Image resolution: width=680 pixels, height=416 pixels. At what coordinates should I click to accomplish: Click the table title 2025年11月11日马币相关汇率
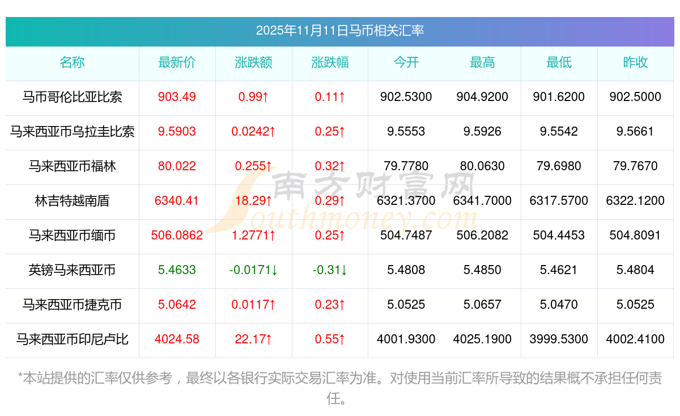(340, 30)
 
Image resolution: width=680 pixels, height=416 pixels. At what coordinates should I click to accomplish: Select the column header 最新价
(177, 63)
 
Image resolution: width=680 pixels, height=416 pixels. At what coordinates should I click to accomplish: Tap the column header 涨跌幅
(330, 63)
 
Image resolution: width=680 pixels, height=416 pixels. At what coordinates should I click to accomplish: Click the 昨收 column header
(635, 63)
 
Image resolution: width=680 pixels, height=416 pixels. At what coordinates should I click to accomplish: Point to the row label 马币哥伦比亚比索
(72, 97)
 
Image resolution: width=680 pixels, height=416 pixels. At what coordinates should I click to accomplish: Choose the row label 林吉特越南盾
(72, 201)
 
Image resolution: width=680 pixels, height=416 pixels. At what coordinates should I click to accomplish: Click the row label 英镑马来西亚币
(72, 270)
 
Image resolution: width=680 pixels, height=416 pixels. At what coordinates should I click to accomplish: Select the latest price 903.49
(177, 97)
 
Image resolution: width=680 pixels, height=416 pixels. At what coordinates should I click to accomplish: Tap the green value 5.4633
(177, 270)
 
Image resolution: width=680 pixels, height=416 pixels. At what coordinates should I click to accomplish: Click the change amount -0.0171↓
(253, 270)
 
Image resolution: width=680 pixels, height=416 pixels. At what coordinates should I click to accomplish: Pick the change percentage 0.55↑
(330, 339)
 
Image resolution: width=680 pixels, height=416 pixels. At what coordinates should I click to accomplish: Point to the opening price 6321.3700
(406, 201)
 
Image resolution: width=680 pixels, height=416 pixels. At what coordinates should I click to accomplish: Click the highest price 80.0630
(482, 166)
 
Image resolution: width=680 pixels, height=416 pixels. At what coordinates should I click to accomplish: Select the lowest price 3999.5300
(559, 339)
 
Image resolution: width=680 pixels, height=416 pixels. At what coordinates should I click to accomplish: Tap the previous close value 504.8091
(635, 236)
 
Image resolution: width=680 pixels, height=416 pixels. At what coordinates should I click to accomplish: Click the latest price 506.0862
(177, 236)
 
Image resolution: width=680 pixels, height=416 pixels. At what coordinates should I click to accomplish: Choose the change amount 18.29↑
(253, 201)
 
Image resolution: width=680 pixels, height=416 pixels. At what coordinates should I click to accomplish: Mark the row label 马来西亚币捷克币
(72, 305)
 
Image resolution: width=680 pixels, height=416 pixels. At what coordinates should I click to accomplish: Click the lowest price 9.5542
(559, 132)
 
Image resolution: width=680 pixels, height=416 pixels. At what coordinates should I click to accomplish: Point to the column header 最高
(482, 63)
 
